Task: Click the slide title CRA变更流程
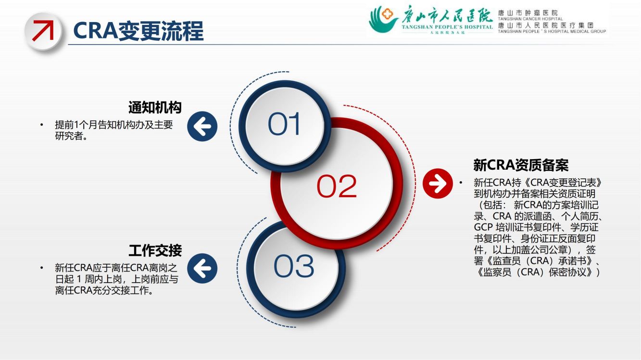click(138, 31)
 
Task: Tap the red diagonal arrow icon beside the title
click(43, 30)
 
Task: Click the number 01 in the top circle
click(284, 124)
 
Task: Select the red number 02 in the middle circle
click(337, 186)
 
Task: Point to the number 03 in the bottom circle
click(294, 266)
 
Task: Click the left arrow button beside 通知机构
click(202, 126)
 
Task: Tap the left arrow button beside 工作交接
click(202, 268)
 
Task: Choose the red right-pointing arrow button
click(438, 183)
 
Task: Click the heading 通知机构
click(155, 108)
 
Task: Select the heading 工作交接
click(155, 250)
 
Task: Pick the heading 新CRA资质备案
click(521, 165)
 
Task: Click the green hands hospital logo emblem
click(383, 19)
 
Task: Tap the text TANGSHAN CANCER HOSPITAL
click(530, 19)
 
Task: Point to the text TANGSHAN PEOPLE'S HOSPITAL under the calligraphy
click(447, 27)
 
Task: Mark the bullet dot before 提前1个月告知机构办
click(42, 124)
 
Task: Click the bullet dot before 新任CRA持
click(461, 183)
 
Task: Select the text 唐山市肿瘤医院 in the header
click(528, 12)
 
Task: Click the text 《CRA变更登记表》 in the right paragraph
click(562, 183)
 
